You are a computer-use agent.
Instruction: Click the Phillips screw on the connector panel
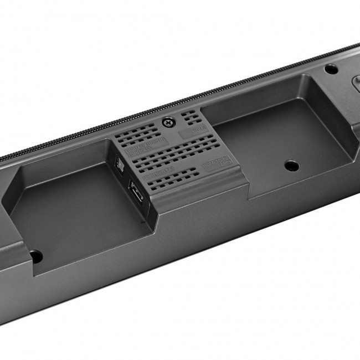(x=166, y=121)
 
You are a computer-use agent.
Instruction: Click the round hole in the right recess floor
(x=291, y=165)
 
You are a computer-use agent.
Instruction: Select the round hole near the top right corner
(x=331, y=69)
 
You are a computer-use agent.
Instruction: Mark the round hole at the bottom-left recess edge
(x=35, y=256)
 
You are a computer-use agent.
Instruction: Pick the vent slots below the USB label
(x=172, y=179)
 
